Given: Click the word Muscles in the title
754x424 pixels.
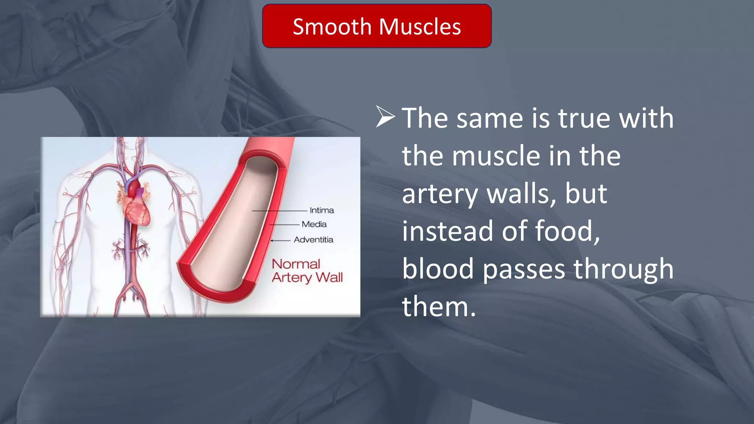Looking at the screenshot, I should tap(420, 27).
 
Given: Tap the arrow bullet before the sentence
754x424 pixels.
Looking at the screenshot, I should tap(385, 117).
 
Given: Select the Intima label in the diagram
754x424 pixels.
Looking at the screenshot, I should tap(322, 210).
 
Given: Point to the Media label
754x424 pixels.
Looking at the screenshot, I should tap(314, 224).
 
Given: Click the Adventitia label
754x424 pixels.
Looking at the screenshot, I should tap(313, 240).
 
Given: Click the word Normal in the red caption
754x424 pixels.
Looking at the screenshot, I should tap(296, 264).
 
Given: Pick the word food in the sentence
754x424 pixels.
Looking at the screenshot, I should tap(567, 231).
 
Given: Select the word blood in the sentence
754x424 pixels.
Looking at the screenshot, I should tap(438, 269).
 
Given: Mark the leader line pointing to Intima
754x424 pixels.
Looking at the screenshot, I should tap(279, 211).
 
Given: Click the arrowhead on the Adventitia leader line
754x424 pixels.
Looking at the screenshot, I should tap(272, 240).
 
